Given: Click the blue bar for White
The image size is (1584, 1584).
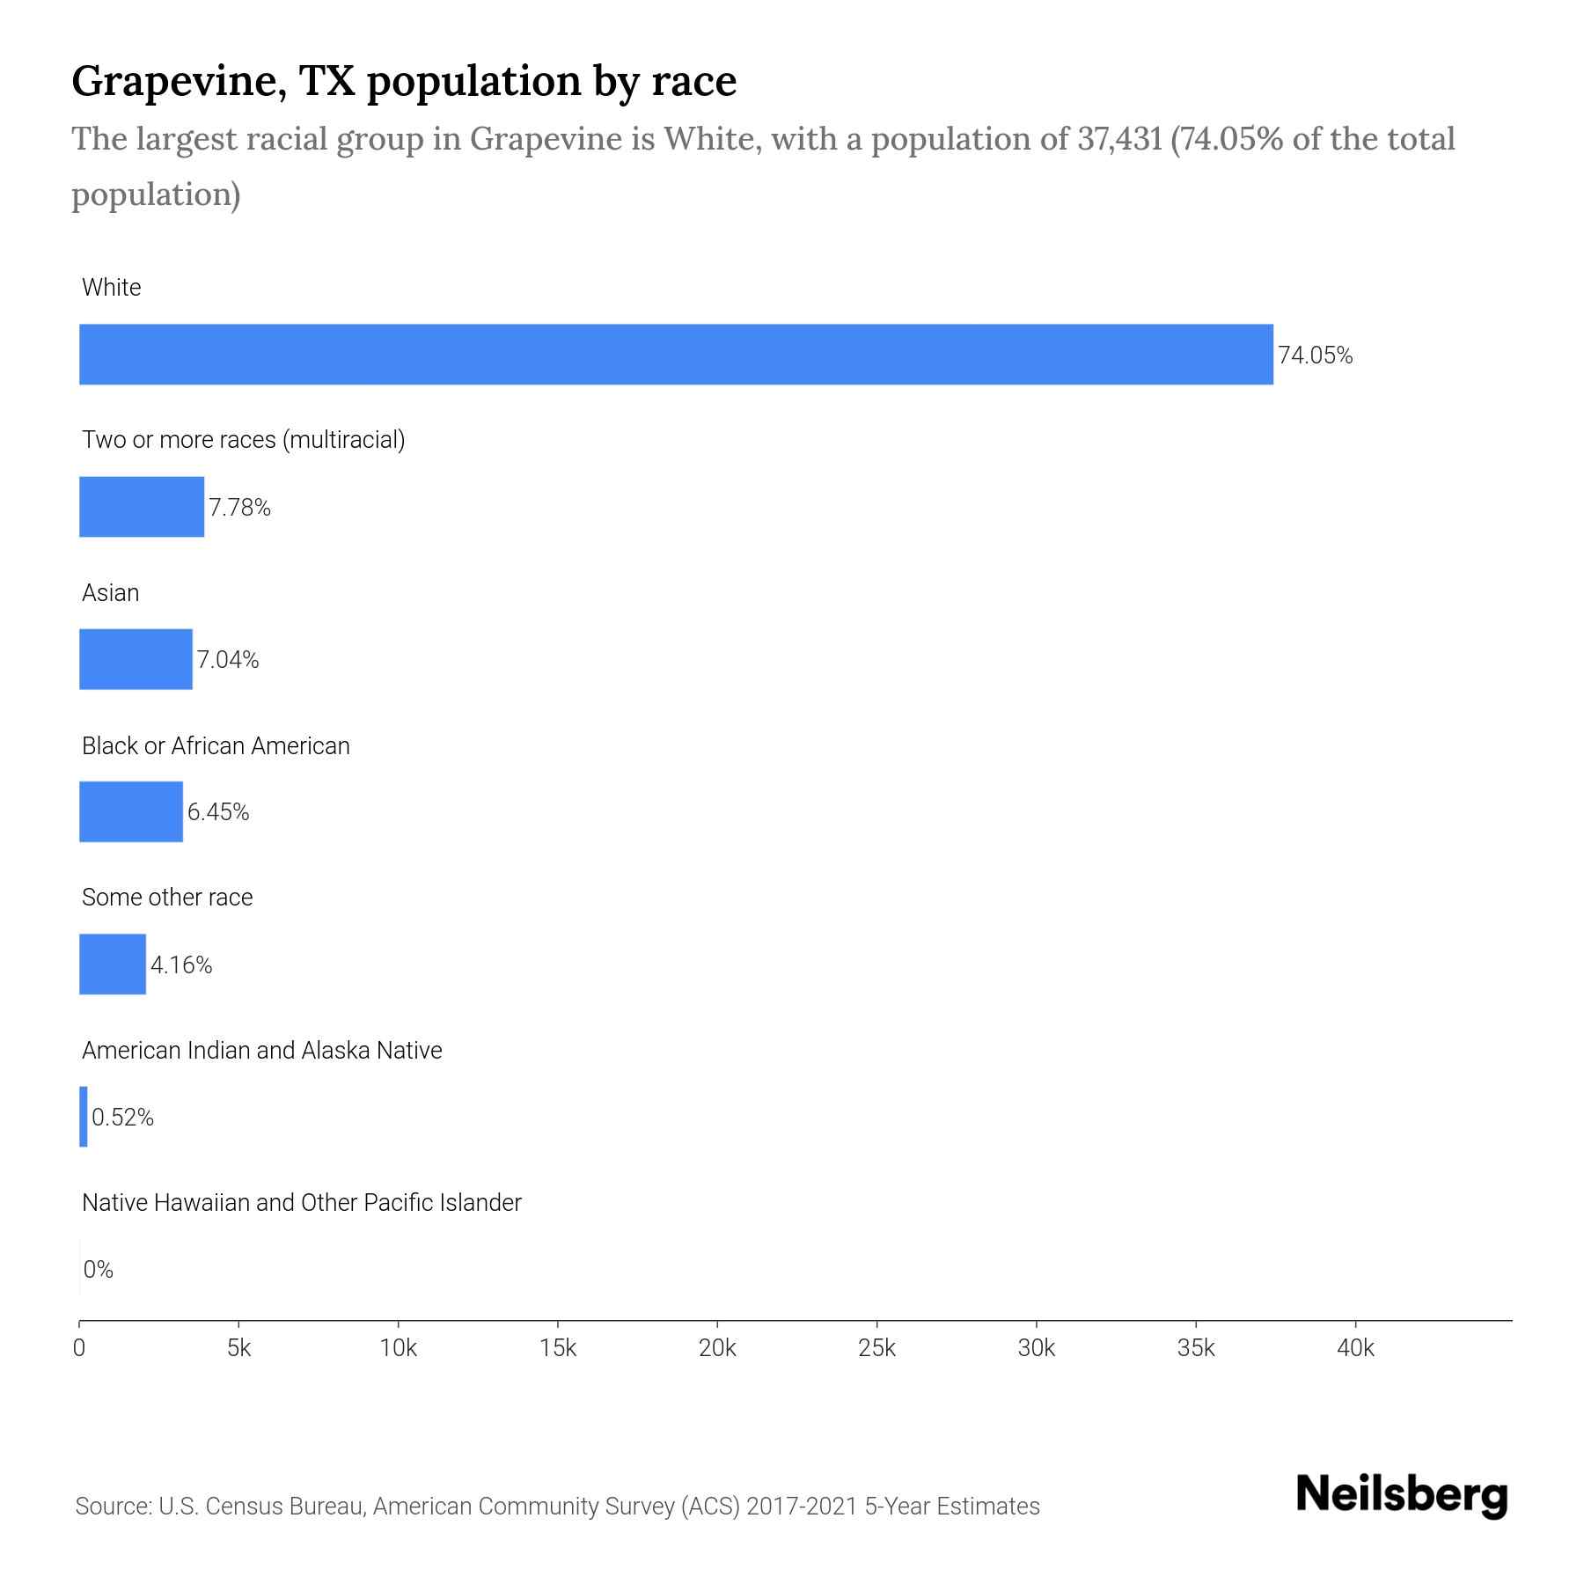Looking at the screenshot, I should [x=676, y=355].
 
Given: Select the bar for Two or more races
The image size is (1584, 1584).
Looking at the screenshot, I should [x=142, y=507].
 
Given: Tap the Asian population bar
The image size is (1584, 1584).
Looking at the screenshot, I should [x=136, y=659].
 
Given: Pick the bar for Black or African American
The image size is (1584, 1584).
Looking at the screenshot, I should [x=131, y=811].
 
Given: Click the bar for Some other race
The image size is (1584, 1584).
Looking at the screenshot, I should [x=113, y=964].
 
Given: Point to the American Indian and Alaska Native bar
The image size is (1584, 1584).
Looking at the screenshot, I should [x=84, y=1117].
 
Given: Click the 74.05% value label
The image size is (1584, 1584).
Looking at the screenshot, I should [x=1315, y=356].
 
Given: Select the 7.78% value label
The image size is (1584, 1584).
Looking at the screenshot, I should [x=239, y=508].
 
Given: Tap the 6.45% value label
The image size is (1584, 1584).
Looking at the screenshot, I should [x=218, y=812].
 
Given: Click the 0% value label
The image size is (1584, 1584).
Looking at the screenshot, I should [x=99, y=1270].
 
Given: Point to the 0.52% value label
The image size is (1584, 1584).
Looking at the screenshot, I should [x=123, y=1118].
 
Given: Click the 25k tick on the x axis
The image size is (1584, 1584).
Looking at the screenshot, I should [x=876, y=1349].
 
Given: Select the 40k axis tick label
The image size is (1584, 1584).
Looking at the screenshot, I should [x=1355, y=1349].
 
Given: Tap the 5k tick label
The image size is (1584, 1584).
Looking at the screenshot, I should [x=238, y=1349].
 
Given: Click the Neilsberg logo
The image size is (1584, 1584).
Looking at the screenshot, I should [x=1402, y=1495].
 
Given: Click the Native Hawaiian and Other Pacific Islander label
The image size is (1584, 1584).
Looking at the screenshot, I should [x=301, y=1203].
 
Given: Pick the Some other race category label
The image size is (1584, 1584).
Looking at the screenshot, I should [x=167, y=898].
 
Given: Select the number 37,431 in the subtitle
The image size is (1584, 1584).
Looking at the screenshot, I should [x=1119, y=139].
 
